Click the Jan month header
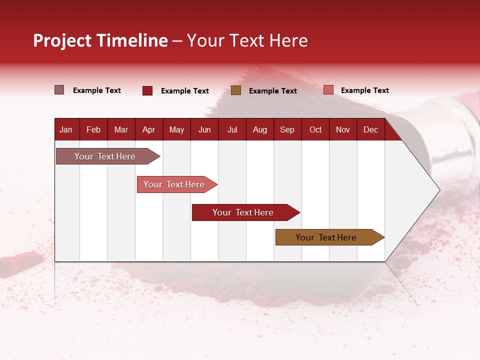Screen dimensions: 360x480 click(66, 129)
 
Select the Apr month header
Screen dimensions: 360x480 click(148, 129)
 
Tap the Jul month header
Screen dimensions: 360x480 click(232, 129)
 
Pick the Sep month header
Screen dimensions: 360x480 click(287, 129)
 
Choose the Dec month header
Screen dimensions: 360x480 click(370, 129)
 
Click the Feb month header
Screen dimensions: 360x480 click(93, 129)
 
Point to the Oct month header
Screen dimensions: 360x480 click(315, 129)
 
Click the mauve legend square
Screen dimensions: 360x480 click(59, 90)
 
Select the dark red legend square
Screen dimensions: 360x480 click(147, 90)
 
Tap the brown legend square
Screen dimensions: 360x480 click(236, 90)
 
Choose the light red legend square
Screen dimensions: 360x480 click(328, 90)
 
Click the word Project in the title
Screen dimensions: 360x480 click(62, 41)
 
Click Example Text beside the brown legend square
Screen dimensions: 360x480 click(272, 91)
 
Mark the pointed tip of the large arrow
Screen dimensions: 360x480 click(439, 190)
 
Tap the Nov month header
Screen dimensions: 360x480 click(343, 129)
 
